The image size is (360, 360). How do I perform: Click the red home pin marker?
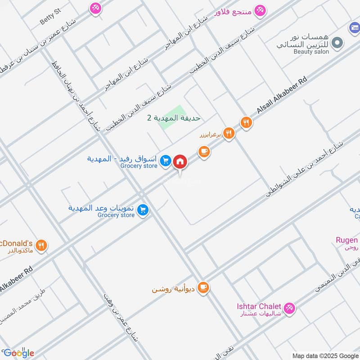click(x=180, y=161)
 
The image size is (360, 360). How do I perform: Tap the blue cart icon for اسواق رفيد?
click(x=166, y=160)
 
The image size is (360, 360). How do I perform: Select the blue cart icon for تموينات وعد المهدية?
click(x=143, y=210)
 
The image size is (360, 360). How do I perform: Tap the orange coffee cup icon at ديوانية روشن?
click(x=203, y=287)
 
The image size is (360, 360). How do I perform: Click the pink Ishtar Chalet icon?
click(x=289, y=308)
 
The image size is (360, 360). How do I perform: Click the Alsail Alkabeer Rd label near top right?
click(x=282, y=95)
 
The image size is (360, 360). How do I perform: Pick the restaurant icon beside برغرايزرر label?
click(x=229, y=133)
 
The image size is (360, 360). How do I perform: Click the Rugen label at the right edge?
click(x=346, y=240)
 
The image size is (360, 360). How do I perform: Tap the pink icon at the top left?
click(x=95, y=8)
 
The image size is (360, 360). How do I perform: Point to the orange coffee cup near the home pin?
click(x=204, y=152)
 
